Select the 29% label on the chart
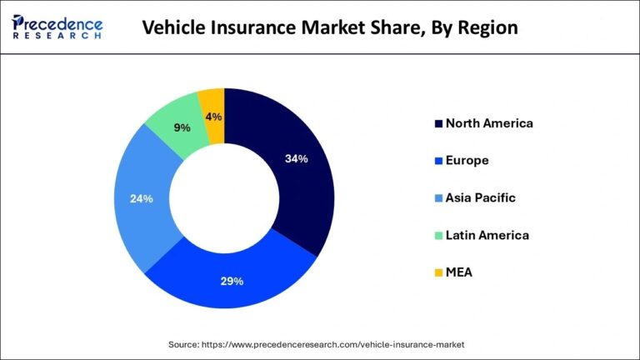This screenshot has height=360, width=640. pyautogui.click(x=232, y=281)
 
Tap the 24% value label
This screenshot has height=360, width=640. pyautogui.click(x=142, y=199)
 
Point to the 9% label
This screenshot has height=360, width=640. pyautogui.click(x=181, y=127)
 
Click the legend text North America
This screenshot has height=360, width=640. pyautogui.click(x=489, y=123)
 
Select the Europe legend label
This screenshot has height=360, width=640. pyautogui.click(x=467, y=160)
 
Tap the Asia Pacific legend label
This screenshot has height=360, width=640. pyautogui.click(x=480, y=197)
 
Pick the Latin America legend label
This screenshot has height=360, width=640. pyautogui.click(x=487, y=235)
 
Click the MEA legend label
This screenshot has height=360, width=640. pyautogui.click(x=459, y=272)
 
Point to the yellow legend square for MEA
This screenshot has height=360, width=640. pyautogui.click(x=436, y=272)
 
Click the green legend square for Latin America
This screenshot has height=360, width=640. pyautogui.click(x=436, y=235)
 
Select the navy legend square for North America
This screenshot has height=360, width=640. pyautogui.click(x=436, y=123)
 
